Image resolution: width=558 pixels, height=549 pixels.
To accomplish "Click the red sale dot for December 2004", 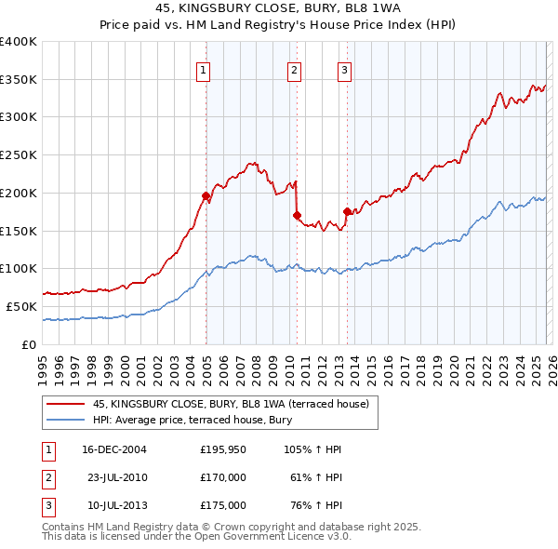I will click(206, 195).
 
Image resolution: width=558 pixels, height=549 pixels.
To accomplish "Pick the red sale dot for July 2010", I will click(297, 215).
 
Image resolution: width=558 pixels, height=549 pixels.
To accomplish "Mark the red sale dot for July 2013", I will click(346, 211).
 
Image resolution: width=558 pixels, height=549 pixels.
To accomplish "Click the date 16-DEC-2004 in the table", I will click(114, 449).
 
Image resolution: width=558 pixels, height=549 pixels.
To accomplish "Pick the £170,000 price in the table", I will click(223, 477).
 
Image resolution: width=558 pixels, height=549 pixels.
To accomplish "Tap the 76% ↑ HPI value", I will click(315, 505).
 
